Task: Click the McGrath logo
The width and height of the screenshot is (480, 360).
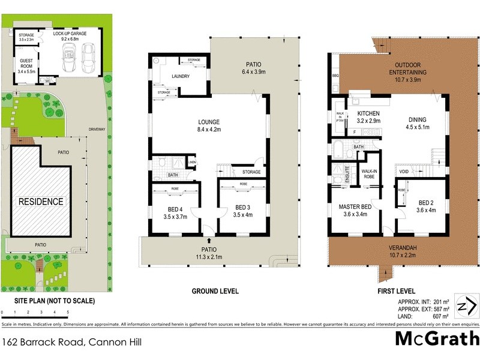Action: coord(436,339)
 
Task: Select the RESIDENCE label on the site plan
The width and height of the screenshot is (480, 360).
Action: coord(40,202)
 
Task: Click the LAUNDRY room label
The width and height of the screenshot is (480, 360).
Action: coord(181,77)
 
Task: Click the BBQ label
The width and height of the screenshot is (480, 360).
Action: coord(335,76)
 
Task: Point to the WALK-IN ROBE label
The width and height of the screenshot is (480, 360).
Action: coord(369,173)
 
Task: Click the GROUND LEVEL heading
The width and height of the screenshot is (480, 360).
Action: coord(215,291)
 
